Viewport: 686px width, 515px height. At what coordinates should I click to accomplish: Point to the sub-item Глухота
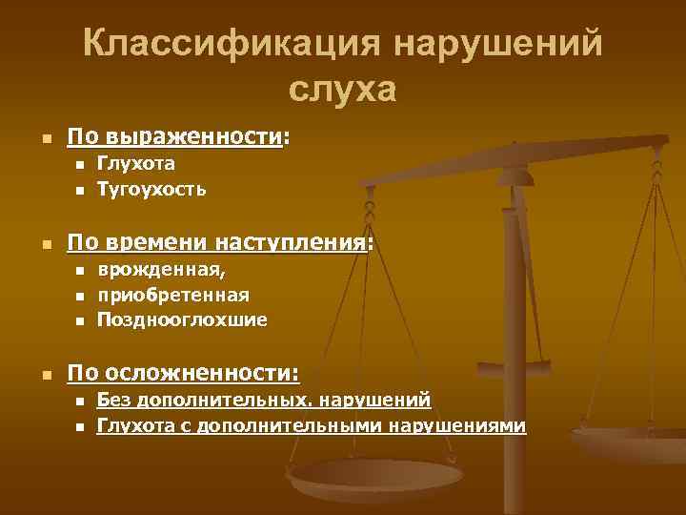click(x=136, y=164)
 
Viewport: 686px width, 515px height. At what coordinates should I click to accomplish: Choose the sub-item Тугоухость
click(x=151, y=189)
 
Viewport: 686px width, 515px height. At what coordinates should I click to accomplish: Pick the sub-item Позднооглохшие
click(x=182, y=319)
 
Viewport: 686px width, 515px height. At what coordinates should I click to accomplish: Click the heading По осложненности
click(x=181, y=371)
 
